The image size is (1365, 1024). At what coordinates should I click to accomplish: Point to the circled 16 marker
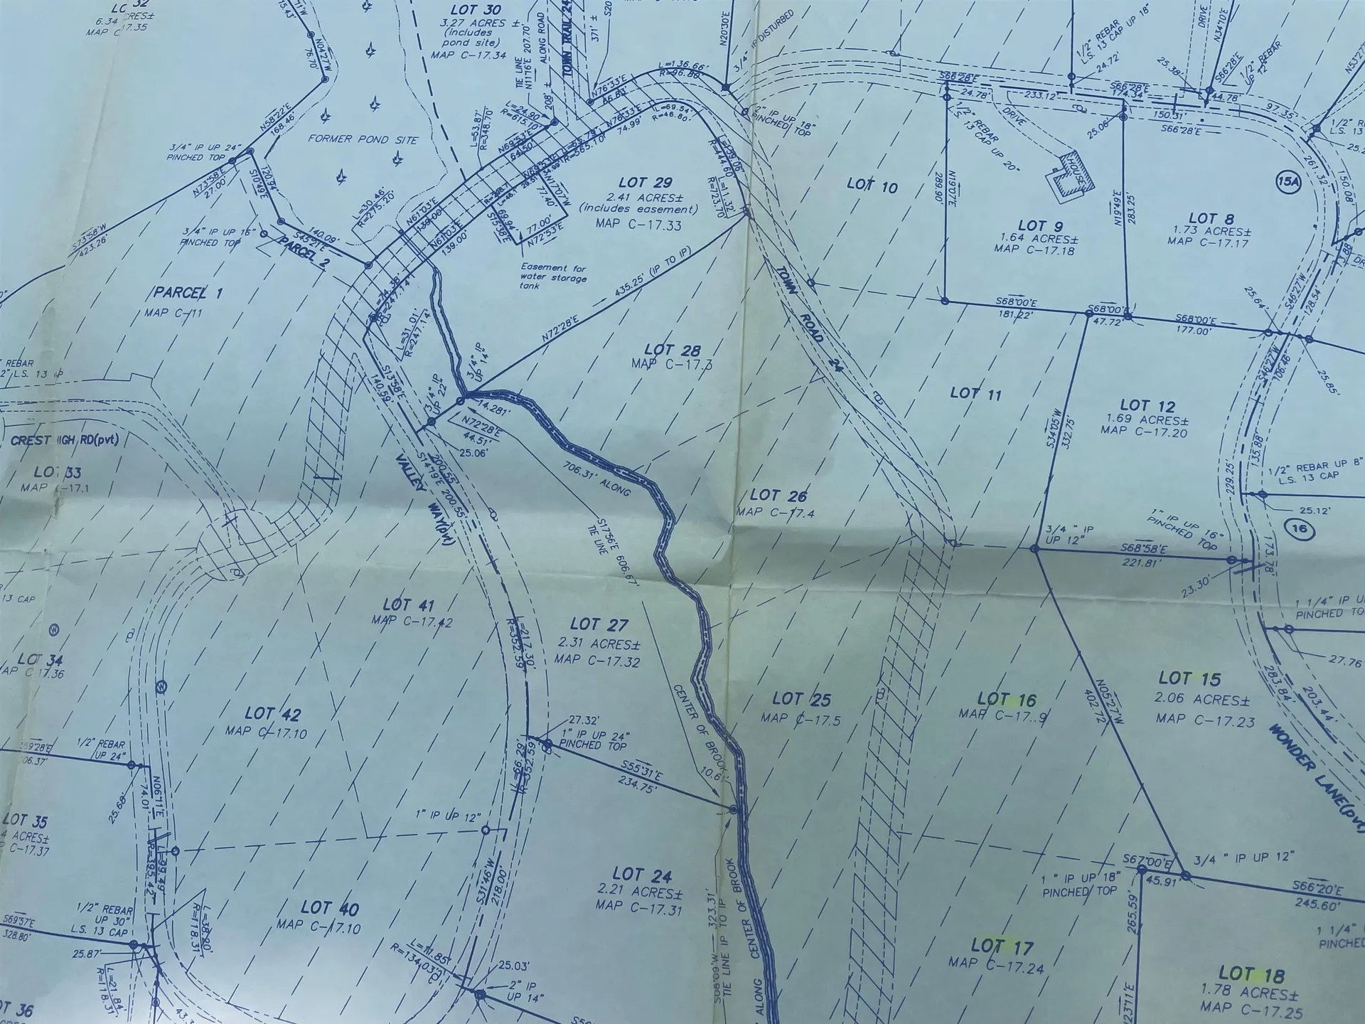1298,529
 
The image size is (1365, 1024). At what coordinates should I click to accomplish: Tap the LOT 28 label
672,350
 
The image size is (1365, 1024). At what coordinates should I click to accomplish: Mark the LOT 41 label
408,604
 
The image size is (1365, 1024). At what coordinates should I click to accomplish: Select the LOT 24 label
641,875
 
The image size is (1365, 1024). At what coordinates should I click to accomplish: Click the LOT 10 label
872,186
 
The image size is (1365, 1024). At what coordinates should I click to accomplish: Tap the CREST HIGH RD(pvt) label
64,440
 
